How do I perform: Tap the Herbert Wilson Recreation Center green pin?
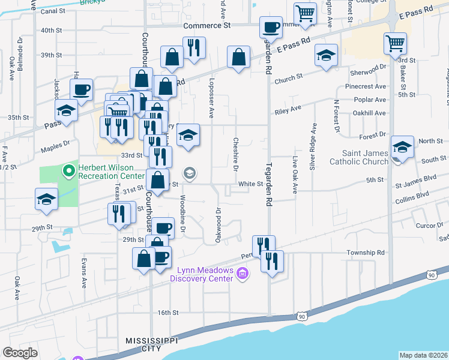tap(69, 172)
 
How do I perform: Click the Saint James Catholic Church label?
tap(359, 157)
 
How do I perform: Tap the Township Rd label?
tap(365, 253)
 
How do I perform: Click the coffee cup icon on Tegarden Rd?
tap(271, 26)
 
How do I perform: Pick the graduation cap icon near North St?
tap(402, 146)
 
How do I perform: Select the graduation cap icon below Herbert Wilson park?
tap(46, 199)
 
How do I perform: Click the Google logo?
tap(20, 353)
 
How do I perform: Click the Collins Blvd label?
tap(414, 195)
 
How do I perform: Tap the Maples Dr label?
tap(55, 145)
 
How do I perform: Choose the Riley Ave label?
tap(288, 110)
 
